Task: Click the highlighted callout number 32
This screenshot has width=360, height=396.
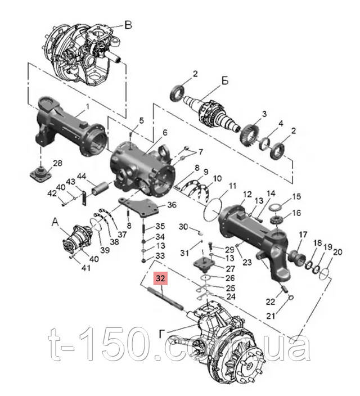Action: (x=160, y=278)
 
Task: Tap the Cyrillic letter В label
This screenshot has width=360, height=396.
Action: (x=128, y=25)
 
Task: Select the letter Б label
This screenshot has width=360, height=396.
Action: (x=225, y=81)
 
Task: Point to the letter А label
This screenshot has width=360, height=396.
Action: (x=55, y=222)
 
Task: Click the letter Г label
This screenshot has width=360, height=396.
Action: (x=161, y=334)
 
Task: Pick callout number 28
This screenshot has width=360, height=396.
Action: (x=57, y=163)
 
